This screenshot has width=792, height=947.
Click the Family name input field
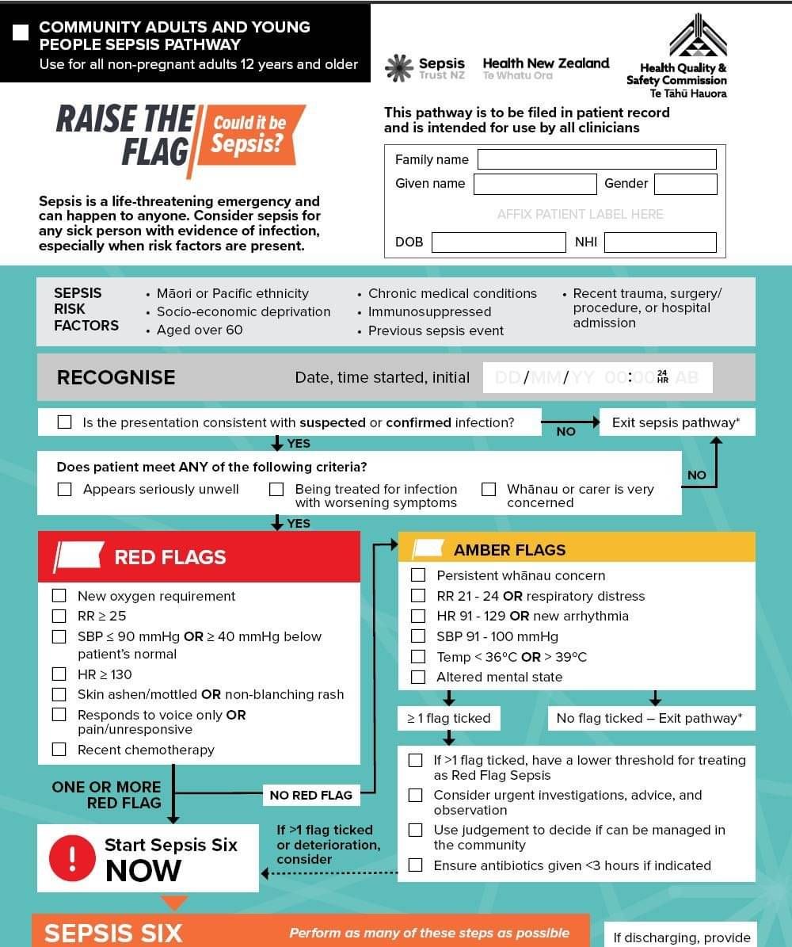(x=596, y=159)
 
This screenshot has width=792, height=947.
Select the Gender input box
(x=685, y=184)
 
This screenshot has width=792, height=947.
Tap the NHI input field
(x=660, y=242)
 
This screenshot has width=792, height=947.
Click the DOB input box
(x=498, y=242)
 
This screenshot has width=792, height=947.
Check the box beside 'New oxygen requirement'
(x=59, y=596)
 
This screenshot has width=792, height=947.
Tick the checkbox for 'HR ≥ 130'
(x=59, y=674)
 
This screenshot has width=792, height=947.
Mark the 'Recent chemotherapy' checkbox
(x=59, y=750)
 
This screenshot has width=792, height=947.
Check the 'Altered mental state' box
(x=418, y=677)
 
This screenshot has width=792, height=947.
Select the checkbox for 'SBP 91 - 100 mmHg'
(x=418, y=636)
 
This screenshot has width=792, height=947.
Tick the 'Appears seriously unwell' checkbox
(x=65, y=490)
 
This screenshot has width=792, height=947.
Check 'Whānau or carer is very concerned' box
(x=489, y=490)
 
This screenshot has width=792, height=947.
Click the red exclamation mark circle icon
(x=72, y=857)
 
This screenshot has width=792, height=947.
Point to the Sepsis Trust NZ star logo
(x=398, y=68)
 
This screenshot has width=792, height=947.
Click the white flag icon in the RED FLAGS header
(x=78, y=556)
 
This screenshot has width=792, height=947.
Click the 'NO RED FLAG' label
(x=310, y=795)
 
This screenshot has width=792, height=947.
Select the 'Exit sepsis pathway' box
(x=676, y=422)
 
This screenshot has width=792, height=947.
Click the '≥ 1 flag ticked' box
(x=448, y=719)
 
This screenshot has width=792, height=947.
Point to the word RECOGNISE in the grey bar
(x=116, y=377)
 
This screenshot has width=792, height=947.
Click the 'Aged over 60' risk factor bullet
(x=199, y=330)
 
